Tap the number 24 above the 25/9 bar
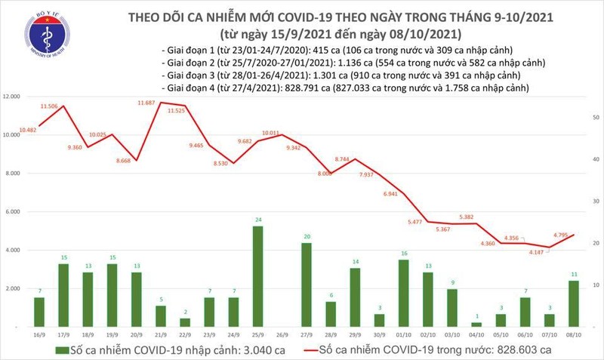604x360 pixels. pos(257,220)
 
